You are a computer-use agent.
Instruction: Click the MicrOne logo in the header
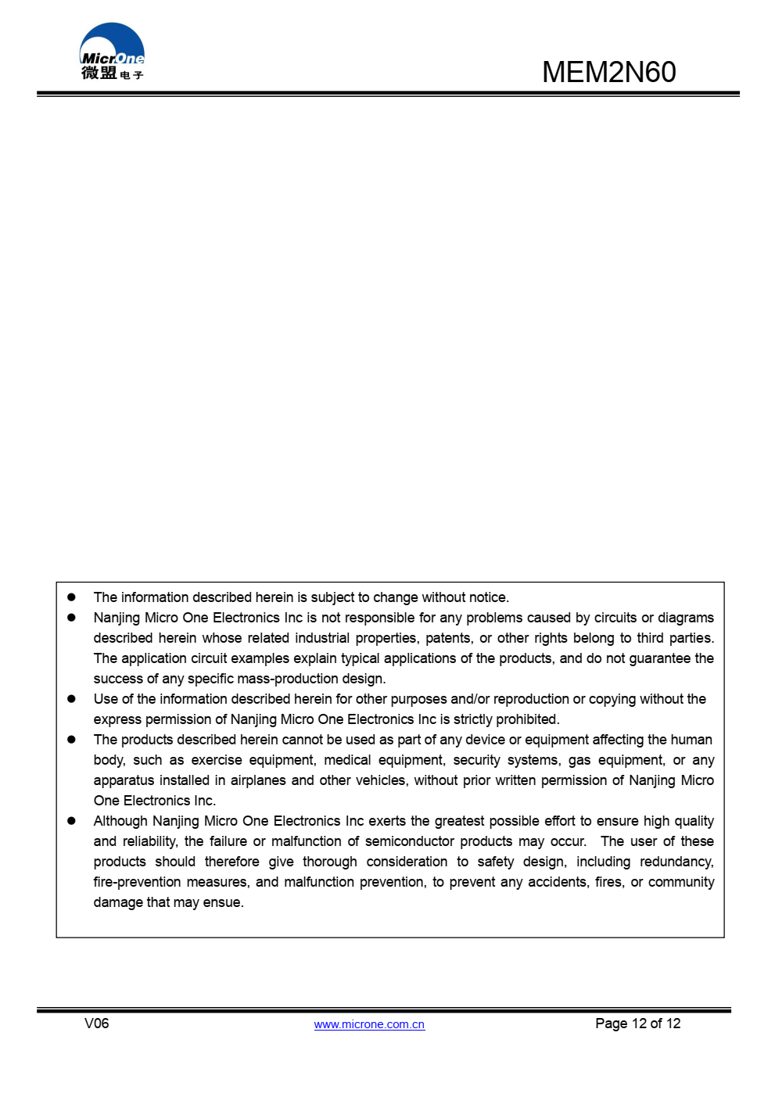point(112,52)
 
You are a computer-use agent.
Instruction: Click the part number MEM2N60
point(608,72)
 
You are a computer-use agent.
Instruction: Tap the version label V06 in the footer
point(96,1024)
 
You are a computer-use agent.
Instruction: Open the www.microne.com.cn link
point(369,1024)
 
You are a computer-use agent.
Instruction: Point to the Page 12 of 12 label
point(637,1024)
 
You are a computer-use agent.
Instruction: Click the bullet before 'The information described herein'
point(71,597)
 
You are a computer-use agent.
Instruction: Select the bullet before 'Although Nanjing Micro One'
point(71,821)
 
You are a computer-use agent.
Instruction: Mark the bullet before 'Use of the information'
point(71,699)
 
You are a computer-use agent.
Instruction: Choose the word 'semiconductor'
point(409,841)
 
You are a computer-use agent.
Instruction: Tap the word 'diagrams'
point(685,618)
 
